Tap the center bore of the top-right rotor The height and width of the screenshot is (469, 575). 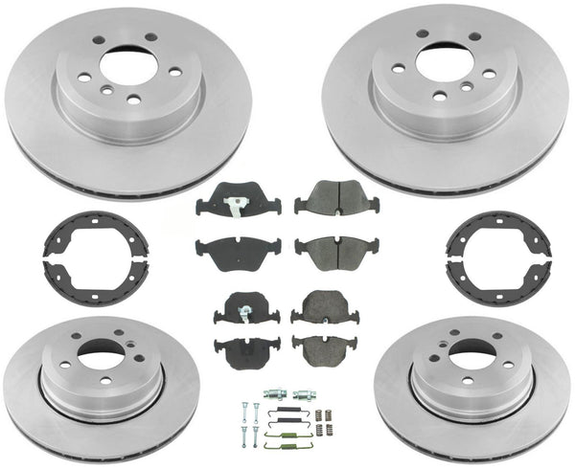[446, 64]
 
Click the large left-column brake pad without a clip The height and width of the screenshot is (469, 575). [237, 252]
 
